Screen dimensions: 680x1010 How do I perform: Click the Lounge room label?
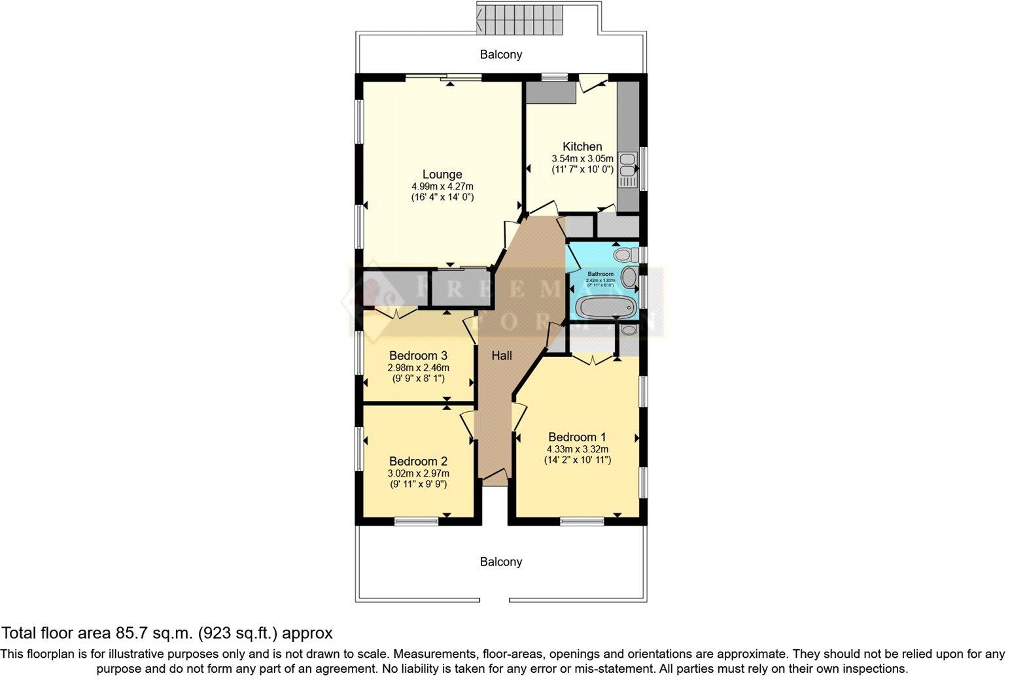442,175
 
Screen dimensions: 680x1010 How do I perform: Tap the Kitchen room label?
582,146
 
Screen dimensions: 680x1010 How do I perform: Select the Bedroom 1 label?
577,437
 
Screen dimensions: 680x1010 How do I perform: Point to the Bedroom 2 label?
418,461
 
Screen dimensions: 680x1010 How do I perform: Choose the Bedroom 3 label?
418,356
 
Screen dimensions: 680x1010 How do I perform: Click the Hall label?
502,356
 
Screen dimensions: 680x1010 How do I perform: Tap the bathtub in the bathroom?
604,305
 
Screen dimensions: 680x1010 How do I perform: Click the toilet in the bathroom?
625,254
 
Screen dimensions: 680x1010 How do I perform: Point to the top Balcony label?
501,54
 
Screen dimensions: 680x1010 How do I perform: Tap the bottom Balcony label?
501,562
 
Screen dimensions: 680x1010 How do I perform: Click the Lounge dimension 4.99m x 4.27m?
442,186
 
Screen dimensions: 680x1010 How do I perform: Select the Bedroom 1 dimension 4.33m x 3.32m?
577,449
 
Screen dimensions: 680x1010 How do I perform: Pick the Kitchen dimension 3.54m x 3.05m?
582,158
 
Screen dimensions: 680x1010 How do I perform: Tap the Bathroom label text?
601,274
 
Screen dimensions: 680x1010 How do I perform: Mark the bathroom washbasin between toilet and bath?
629,278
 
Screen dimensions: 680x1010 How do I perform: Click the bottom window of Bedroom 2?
416,521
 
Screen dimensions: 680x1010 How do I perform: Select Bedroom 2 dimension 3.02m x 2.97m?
418,473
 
